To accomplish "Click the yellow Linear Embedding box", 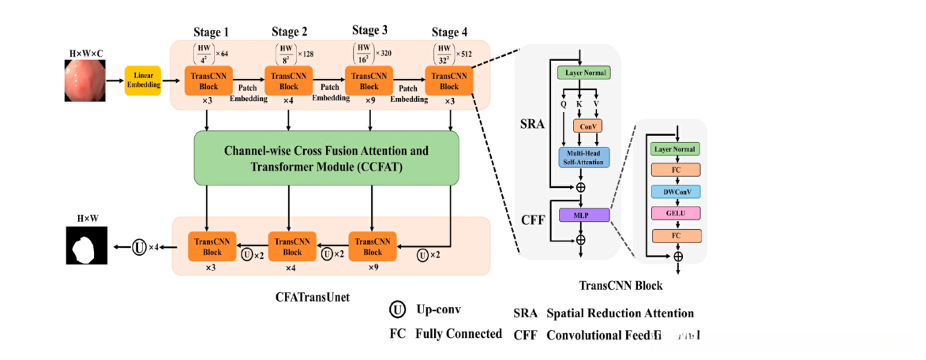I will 143,81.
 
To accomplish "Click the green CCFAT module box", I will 326,158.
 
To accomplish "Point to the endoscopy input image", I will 84,82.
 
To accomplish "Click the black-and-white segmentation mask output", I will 84,248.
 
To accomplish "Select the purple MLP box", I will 585,215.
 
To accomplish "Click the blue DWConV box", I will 675,191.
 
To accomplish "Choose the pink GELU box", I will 675,213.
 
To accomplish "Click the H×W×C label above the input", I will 86,53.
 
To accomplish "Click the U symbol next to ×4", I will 139,248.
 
